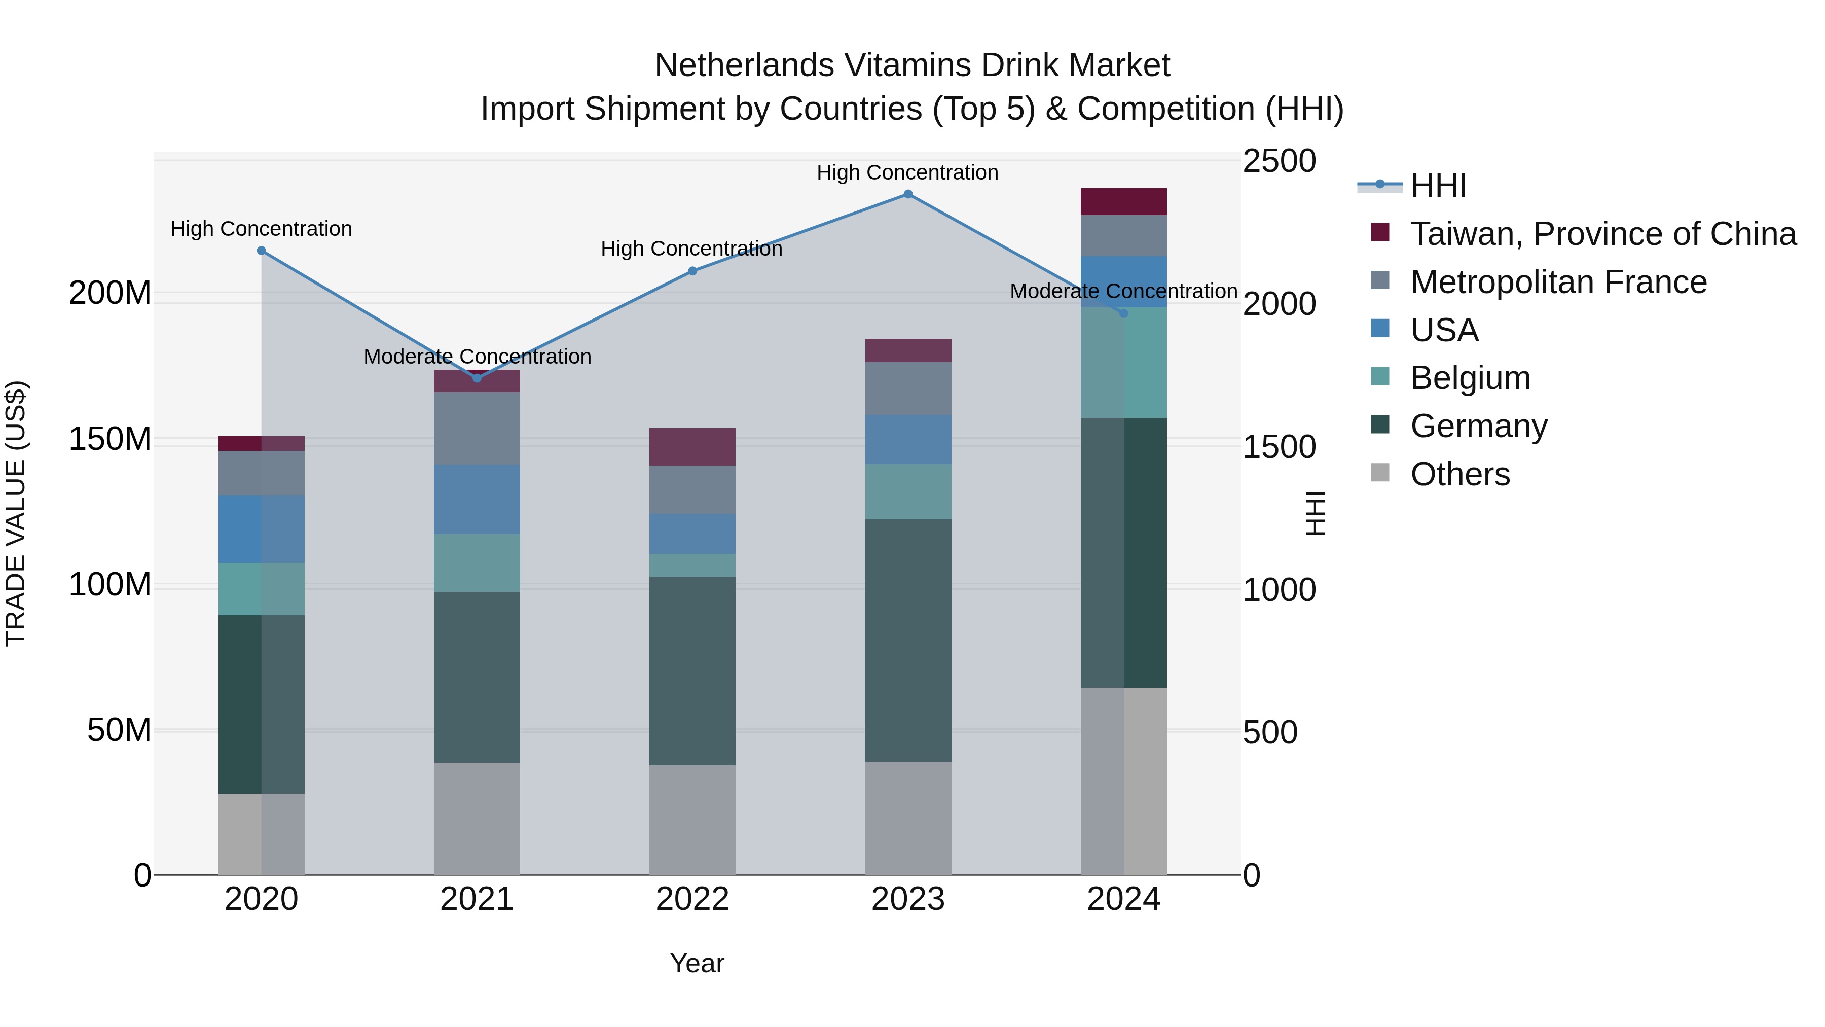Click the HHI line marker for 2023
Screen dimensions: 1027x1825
tap(907, 194)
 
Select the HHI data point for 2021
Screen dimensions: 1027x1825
tap(477, 378)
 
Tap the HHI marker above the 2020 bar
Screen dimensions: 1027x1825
tap(262, 250)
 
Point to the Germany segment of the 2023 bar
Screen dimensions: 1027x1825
tap(907, 640)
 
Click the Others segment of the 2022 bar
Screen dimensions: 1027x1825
tap(692, 820)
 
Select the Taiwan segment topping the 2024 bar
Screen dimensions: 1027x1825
tap(1123, 202)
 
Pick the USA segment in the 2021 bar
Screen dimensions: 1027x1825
tap(477, 499)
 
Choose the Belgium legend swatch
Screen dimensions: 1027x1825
tap(1380, 376)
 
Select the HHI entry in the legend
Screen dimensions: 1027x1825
tap(1438, 186)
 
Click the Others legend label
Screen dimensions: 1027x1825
tap(1459, 474)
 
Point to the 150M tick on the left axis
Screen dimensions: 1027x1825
tap(110, 439)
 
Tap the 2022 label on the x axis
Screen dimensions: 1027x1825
tap(692, 899)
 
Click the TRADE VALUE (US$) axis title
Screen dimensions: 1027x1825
tap(16, 513)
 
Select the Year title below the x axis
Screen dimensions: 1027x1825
tap(697, 963)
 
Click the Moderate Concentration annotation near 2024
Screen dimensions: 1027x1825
tap(1123, 291)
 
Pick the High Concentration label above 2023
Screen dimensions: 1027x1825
tap(907, 172)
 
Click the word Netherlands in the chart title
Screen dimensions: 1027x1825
tap(745, 65)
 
